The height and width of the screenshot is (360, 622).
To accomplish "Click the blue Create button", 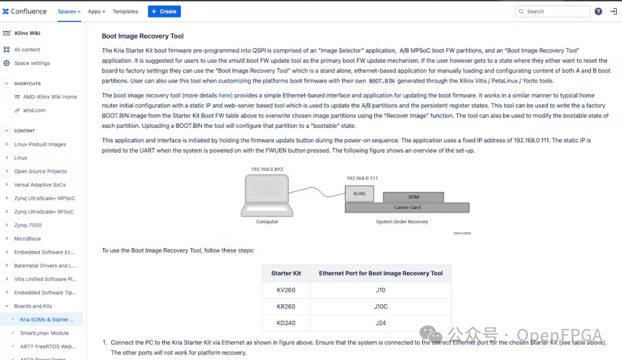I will point(164,12).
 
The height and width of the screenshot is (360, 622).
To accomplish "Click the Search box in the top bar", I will point(552,12).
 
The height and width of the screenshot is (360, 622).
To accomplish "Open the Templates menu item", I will point(126,12).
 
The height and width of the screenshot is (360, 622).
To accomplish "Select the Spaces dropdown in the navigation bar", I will point(69,12).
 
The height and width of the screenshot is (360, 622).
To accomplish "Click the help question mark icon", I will point(598,12).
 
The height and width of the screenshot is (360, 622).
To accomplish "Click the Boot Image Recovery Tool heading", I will point(143,36).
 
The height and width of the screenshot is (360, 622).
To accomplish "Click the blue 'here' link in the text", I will point(225,96).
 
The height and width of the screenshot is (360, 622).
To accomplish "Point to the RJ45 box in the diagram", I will point(359,194).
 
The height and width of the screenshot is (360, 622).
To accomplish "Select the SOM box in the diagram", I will point(413,197).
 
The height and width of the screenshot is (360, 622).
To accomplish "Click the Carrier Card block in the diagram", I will point(407,207).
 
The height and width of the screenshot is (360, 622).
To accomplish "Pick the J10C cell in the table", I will point(381,306).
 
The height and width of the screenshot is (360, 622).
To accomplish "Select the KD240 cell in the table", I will point(286,323).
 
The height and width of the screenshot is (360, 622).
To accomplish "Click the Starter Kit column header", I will point(286,274).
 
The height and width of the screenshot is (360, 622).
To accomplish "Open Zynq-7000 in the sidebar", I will point(28,225).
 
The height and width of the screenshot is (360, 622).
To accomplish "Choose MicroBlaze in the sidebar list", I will point(27,238).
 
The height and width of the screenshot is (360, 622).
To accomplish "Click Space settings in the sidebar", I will point(32,63).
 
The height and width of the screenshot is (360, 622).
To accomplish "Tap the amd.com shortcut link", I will point(34,110).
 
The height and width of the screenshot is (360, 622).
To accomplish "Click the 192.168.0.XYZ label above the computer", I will point(267,169).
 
